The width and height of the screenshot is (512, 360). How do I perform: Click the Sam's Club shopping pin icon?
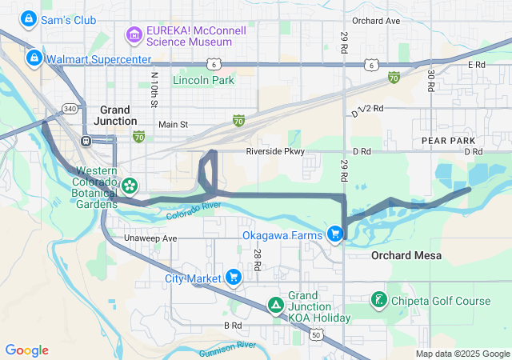point(29,18)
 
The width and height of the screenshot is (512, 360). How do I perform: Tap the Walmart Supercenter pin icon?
point(34,58)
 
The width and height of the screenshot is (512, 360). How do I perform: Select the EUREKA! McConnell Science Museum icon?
point(134,35)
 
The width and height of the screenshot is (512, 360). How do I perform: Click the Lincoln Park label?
point(203,81)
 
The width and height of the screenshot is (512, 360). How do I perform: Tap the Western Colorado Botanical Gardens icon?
point(129,186)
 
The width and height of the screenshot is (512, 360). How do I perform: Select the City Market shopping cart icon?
point(233,278)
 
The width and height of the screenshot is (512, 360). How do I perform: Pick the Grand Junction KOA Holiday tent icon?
point(275,305)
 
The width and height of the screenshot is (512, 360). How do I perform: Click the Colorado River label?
point(194,211)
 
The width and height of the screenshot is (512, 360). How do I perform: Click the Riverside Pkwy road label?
point(275,150)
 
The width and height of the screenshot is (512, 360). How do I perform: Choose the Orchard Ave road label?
point(375,20)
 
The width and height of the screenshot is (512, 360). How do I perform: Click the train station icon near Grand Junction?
point(86,141)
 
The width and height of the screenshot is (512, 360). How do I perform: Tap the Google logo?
point(26,350)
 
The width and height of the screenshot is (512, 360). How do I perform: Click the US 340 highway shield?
point(70,108)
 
